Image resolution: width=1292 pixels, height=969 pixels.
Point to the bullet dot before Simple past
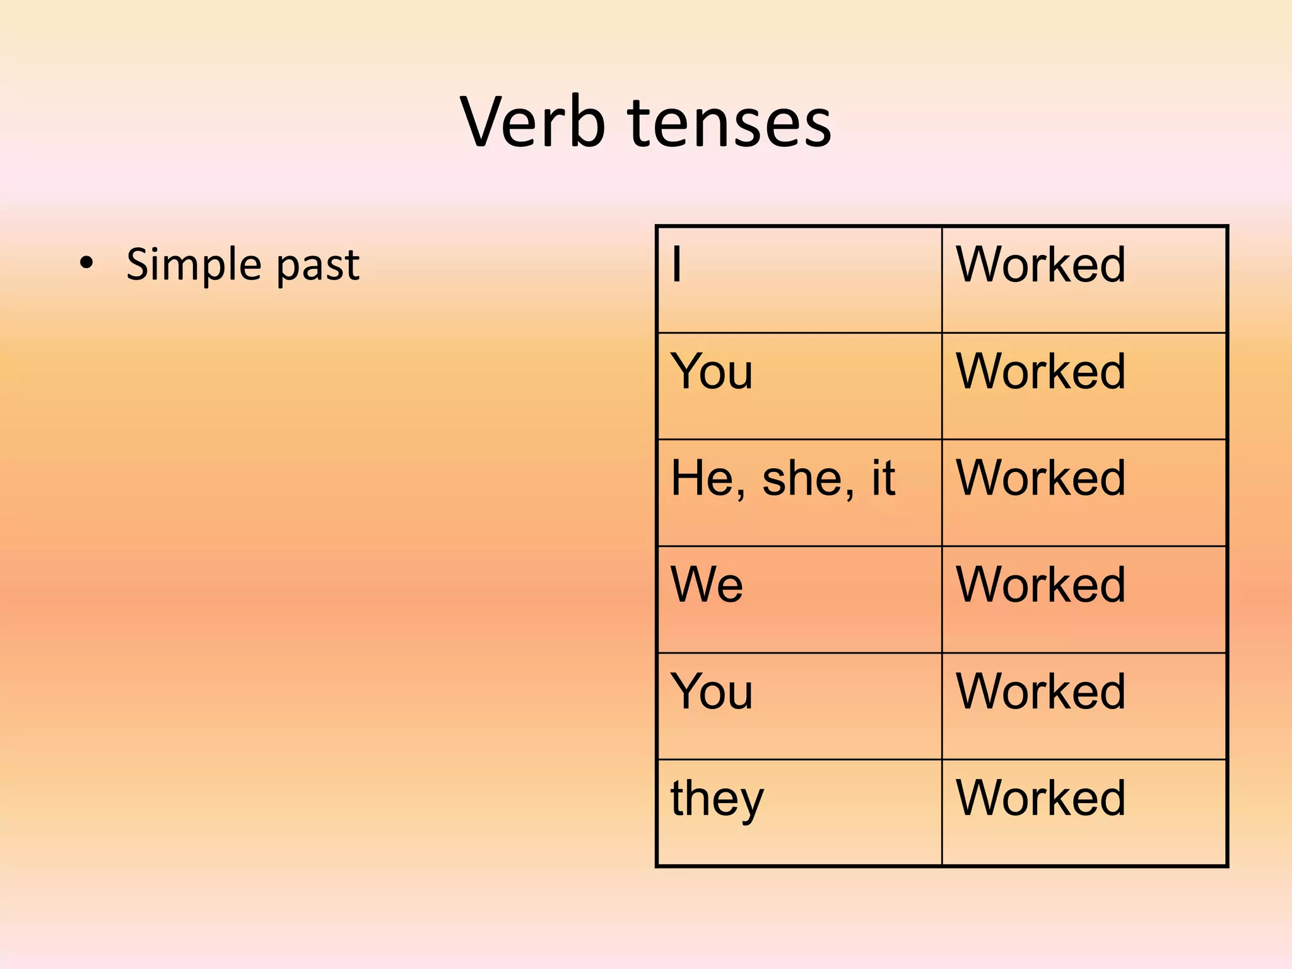pyautogui.click(x=86, y=263)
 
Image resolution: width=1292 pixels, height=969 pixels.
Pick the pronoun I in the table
pyautogui.click(x=676, y=264)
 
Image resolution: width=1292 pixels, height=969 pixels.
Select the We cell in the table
pyautogui.click(x=707, y=584)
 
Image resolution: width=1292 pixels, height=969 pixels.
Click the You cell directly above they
pyautogui.click(x=711, y=691)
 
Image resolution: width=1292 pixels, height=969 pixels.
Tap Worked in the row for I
pyautogui.click(x=1040, y=264)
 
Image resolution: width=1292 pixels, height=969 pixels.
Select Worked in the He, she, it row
pyautogui.click(x=1040, y=478)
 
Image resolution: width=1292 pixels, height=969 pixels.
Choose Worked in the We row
pyautogui.click(x=1040, y=585)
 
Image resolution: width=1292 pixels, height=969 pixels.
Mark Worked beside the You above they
pyautogui.click(x=1040, y=691)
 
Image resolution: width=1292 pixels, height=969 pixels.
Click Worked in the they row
pyautogui.click(x=1040, y=798)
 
